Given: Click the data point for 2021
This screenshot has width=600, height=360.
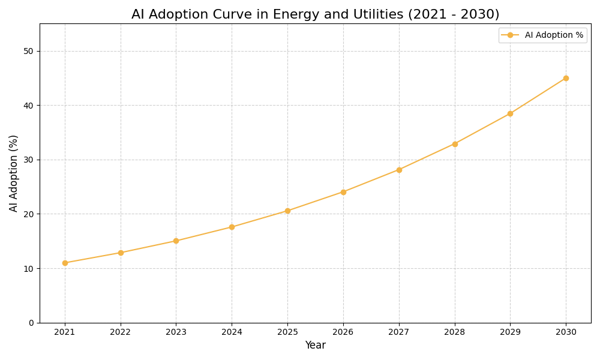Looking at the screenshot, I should point(65,263).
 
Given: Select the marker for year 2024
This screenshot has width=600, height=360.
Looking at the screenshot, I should point(232,227).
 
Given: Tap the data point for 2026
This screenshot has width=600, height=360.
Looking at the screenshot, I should point(343,192).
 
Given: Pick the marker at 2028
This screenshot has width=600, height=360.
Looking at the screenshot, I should point(455,144).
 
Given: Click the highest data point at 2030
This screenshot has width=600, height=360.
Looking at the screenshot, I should point(566,78).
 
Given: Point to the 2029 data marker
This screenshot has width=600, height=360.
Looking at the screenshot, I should point(510,113).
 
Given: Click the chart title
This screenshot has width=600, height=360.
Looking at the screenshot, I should point(315,14).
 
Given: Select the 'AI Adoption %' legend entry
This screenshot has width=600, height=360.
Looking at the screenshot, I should point(553,35).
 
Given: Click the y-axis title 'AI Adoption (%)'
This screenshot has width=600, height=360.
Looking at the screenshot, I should point(14,173).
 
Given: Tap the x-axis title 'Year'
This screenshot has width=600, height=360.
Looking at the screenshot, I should point(315,346).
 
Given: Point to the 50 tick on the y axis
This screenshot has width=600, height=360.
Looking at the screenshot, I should point(29,51).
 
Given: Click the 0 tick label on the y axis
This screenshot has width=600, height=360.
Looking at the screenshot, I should point(31,323).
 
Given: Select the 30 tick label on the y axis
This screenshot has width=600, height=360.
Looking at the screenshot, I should point(29,160).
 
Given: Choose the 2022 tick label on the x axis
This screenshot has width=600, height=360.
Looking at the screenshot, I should point(121,332).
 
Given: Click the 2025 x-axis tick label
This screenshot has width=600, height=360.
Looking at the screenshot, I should point(287,332).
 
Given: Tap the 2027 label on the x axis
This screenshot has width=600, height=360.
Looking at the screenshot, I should point(399,332).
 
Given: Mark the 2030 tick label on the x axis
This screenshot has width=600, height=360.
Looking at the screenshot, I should point(566,332).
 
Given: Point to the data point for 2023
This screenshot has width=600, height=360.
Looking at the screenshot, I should point(176,241).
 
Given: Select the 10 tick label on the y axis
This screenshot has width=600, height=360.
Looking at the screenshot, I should point(29,268).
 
